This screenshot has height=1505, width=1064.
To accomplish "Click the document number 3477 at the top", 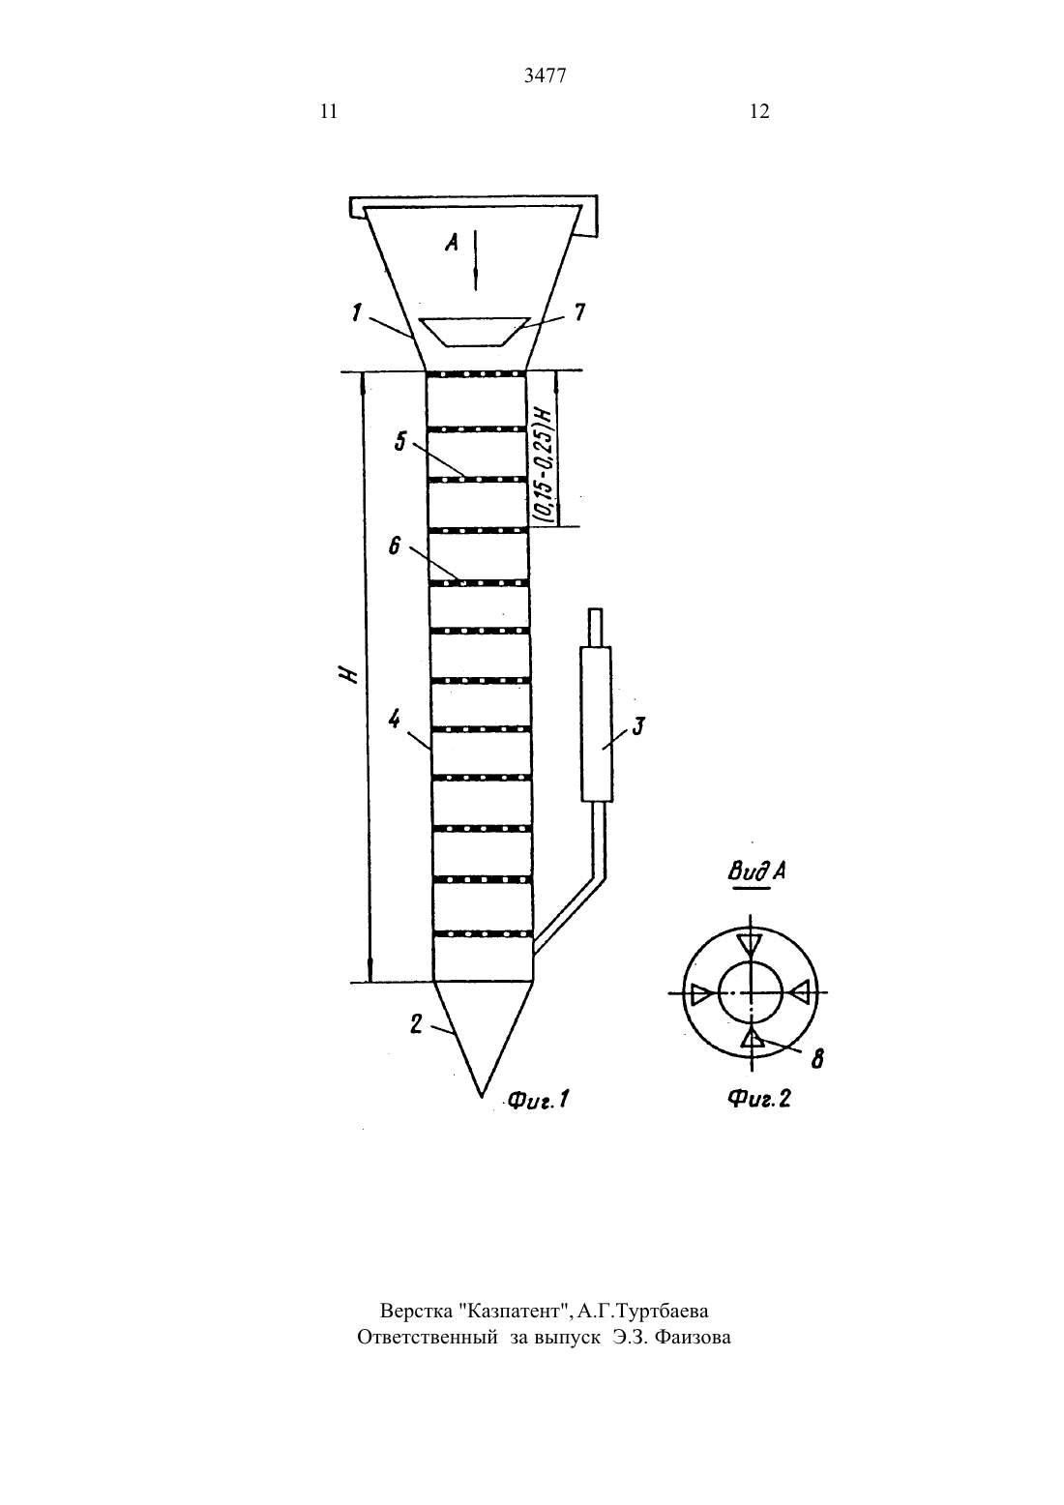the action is [x=545, y=75].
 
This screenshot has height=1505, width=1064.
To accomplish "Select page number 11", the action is [x=329, y=111].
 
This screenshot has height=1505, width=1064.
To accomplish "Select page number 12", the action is [x=759, y=111].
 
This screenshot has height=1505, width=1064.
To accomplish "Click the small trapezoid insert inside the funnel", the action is [x=476, y=332].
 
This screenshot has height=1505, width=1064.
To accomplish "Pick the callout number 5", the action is [x=400, y=441].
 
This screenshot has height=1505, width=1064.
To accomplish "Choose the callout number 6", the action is [x=395, y=546].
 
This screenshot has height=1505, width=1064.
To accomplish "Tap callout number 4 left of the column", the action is [x=395, y=721].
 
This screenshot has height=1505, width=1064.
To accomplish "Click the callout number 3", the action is [x=638, y=726].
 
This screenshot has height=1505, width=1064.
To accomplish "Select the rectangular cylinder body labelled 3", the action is [x=596, y=724].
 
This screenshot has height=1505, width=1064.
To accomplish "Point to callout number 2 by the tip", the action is [x=416, y=1024].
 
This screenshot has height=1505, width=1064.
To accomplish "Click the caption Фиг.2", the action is [x=759, y=1099].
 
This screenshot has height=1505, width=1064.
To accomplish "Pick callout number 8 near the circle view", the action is [x=817, y=1059].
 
